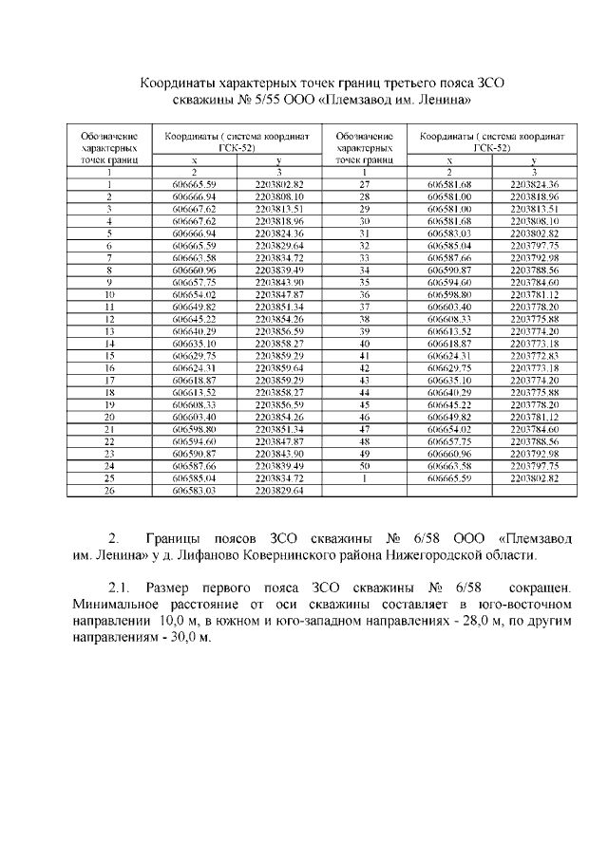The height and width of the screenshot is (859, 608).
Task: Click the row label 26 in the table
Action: pyautogui.click(x=109, y=492)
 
